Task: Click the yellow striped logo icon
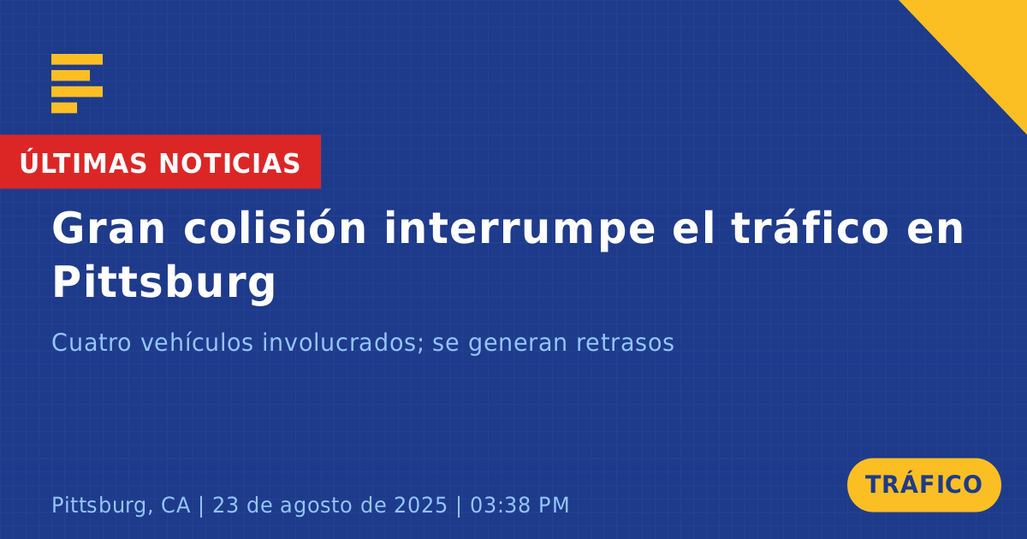[x=77, y=84]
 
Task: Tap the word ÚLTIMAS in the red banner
[x=83, y=163]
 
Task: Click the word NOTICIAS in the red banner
[x=229, y=163]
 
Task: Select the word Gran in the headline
[x=108, y=228]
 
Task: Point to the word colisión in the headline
[x=275, y=228]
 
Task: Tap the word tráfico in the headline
[x=810, y=228]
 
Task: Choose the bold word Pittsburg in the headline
[x=164, y=283]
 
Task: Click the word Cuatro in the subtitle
[x=92, y=343]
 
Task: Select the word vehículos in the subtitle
[x=197, y=342]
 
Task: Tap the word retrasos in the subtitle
[x=625, y=344]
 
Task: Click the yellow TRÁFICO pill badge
[x=923, y=485]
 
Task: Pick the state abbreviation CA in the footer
[x=175, y=506]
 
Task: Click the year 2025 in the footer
[x=420, y=506]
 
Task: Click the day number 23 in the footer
[x=225, y=506]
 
